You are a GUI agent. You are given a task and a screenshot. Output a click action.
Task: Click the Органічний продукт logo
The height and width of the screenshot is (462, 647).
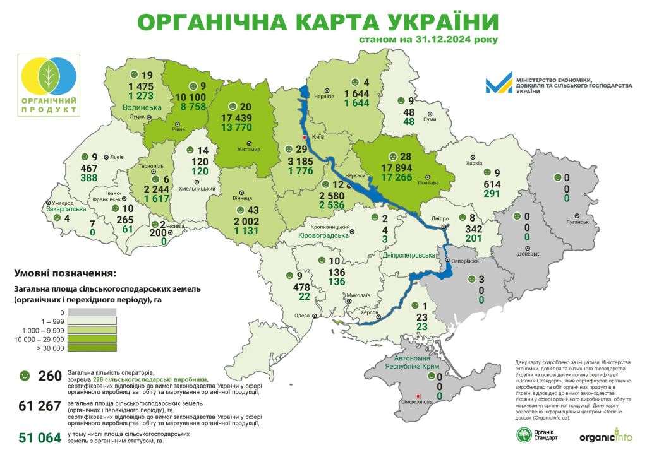pyautogui.click(x=49, y=85)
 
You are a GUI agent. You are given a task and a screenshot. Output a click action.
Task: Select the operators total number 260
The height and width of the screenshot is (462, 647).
pyautogui.click(x=50, y=377)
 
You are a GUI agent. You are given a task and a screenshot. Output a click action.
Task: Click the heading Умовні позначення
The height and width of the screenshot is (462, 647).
pyautogui.click(x=64, y=274)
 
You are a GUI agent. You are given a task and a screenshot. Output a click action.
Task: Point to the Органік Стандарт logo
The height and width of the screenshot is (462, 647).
pyautogui.click(x=537, y=435)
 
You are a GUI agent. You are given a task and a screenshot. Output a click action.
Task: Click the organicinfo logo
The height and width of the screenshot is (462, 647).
pyautogui.click(x=605, y=436)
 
